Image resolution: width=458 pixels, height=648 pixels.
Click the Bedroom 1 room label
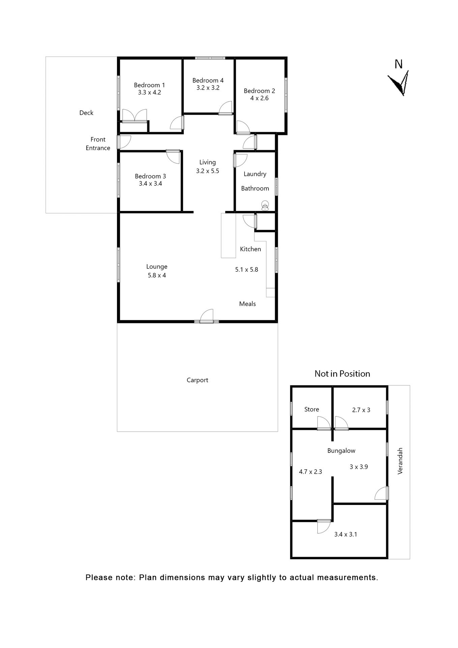(149, 85)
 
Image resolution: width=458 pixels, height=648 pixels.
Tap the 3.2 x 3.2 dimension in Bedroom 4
(208, 88)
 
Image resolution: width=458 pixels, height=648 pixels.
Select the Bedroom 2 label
(259, 91)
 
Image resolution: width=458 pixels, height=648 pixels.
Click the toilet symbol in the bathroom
(265, 206)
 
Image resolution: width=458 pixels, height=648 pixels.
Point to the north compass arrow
(399, 84)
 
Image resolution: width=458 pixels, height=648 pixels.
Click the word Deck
(86, 113)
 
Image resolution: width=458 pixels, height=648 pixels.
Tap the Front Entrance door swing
(124, 142)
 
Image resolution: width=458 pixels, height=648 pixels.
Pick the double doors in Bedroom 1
(134, 115)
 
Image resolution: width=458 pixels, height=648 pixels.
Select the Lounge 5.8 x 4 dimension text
(156, 275)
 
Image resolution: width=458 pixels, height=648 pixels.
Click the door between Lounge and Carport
(207, 317)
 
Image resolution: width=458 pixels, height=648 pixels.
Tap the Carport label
(197, 380)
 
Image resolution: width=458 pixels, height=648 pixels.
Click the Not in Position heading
(342, 374)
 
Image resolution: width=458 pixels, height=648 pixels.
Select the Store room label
(311, 409)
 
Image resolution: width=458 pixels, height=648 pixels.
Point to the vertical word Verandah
(400, 461)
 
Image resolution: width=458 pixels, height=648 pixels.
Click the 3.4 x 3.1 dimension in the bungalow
(345, 534)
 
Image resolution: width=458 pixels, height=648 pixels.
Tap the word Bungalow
(341, 451)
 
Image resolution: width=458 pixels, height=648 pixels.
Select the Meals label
(247, 304)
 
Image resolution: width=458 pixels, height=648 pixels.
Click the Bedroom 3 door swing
(173, 157)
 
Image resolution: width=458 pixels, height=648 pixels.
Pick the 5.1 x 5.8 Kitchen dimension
(246, 270)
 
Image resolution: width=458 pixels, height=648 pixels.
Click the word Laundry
(255, 174)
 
